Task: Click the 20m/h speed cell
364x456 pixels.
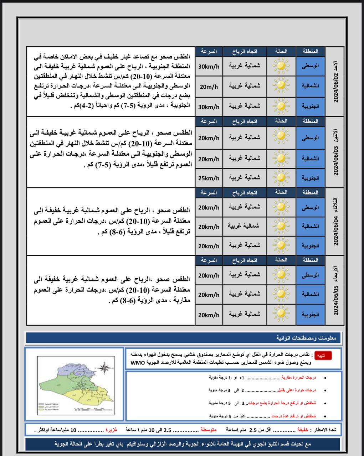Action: click(x=209, y=86)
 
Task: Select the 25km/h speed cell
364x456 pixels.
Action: click(x=209, y=178)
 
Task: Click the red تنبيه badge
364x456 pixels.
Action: click(x=321, y=356)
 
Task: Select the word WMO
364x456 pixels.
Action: click(x=137, y=363)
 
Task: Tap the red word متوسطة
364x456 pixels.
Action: click(x=208, y=430)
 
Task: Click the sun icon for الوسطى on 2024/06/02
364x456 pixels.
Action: click(x=281, y=66)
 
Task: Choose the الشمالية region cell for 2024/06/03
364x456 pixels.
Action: click(x=311, y=158)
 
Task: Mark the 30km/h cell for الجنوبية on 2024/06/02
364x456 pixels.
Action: click(x=209, y=107)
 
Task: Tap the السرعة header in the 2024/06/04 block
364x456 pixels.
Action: click(x=209, y=192)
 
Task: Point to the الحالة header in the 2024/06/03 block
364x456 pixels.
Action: click(x=281, y=121)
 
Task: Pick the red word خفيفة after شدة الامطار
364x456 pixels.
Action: click(x=303, y=430)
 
